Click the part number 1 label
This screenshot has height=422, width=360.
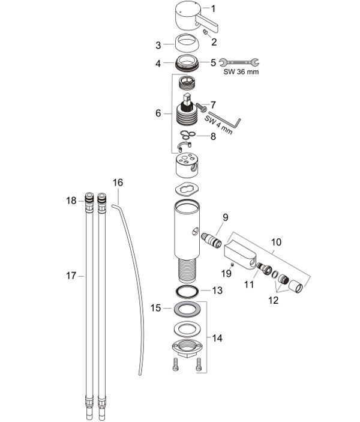tap(214, 9)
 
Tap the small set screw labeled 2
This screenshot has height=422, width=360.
tap(206, 32)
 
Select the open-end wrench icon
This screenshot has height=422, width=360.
tap(239, 62)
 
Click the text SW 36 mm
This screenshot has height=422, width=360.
tap(241, 72)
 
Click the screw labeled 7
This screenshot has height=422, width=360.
tap(201, 107)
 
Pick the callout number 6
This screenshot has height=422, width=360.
tap(158, 113)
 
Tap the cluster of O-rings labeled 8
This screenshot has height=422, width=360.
tap(187, 134)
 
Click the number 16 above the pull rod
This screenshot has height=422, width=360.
tap(118, 182)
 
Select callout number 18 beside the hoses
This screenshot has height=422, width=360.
tap(71, 200)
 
